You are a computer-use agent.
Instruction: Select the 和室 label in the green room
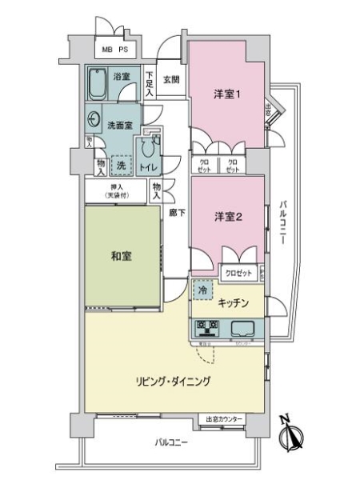click(122, 257)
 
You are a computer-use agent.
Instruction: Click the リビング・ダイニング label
click(173, 382)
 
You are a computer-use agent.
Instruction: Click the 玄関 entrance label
click(172, 80)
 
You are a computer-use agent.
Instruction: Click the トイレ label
click(148, 166)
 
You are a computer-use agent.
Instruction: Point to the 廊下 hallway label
click(177, 214)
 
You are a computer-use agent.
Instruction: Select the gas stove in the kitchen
click(209, 328)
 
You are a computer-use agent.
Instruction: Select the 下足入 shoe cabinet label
click(150, 83)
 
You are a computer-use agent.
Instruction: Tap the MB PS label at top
click(114, 49)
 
